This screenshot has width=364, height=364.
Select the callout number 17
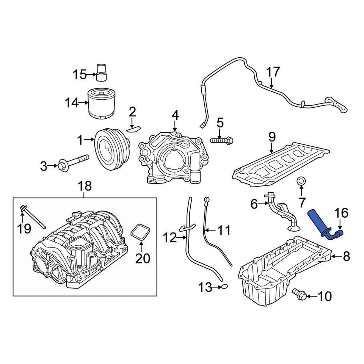pyautogui.click(x=273, y=72)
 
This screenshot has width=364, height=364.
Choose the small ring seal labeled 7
pyautogui.click(x=301, y=181)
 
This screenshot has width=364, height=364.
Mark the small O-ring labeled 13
pyautogui.click(x=224, y=287)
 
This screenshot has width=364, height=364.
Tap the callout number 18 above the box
pyautogui.click(x=85, y=186)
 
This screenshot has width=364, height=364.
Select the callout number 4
pyautogui.click(x=175, y=115)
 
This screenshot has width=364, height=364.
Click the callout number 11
pyautogui.click(x=224, y=230)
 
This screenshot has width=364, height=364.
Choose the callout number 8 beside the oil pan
pyautogui.click(x=346, y=257)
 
